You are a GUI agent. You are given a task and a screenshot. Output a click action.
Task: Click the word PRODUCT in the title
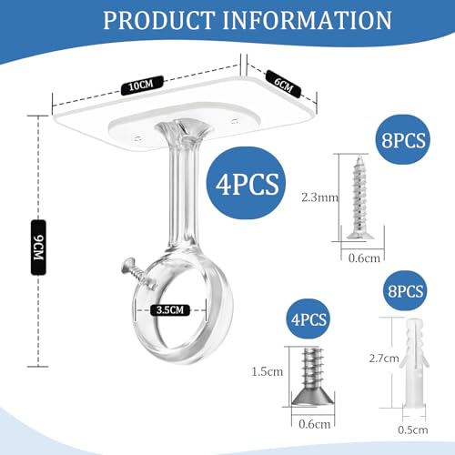point(159,21)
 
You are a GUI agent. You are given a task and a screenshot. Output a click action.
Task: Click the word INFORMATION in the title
point(308,21)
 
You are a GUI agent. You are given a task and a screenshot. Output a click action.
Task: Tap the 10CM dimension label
point(142,86)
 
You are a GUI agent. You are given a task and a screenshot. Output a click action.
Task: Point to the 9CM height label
point(38,248)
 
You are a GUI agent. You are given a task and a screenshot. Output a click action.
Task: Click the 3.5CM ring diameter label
point(170,310)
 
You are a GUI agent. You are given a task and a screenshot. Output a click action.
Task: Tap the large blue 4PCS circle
point(247,183)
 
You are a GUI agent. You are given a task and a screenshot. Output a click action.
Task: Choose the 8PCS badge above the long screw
point(403,140)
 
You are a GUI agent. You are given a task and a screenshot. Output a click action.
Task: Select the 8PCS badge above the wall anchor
point(405,291)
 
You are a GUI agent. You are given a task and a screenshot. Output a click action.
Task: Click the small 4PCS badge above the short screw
point(308,319)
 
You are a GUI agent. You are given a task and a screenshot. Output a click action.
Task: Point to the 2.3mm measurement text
point(319,197)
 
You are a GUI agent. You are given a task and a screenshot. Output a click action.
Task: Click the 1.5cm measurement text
point(267,371)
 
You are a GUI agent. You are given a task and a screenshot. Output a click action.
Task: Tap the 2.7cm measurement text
point(384,359)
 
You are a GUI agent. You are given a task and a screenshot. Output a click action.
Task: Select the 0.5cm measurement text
point(413,430)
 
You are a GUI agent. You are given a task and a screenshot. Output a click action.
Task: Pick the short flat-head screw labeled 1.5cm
point(313,377)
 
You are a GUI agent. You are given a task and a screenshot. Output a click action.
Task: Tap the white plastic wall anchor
point(414,364)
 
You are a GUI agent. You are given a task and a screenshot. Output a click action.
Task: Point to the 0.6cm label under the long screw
point(364,258)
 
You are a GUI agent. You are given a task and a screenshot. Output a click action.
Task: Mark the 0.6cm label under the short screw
point(314,424)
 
